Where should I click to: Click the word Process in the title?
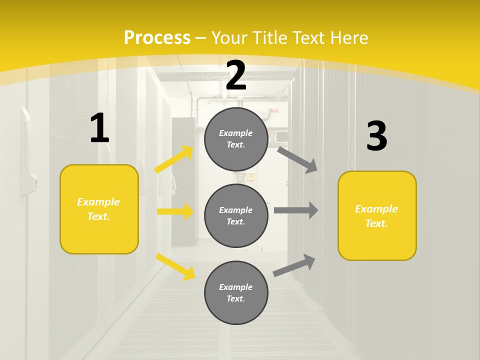point(157,37)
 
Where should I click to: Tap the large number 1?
point(99,128)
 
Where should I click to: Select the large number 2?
point(236,75)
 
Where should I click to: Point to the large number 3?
point(376,136)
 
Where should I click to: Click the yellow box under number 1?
point(99,209)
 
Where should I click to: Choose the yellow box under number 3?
point(377,216)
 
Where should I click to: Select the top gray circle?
point(236,139)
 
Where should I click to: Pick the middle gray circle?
point(236,215)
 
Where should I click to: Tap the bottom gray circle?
point(236,292)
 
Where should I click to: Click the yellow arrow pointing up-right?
point(174,159)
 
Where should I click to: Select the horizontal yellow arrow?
point(175,211)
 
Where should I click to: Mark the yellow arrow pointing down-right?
point(175,266)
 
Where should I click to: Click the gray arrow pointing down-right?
point(297,159)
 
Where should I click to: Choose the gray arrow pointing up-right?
point(294,265)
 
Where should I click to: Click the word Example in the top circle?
point(236,133)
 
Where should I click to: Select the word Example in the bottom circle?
point(236,287)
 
